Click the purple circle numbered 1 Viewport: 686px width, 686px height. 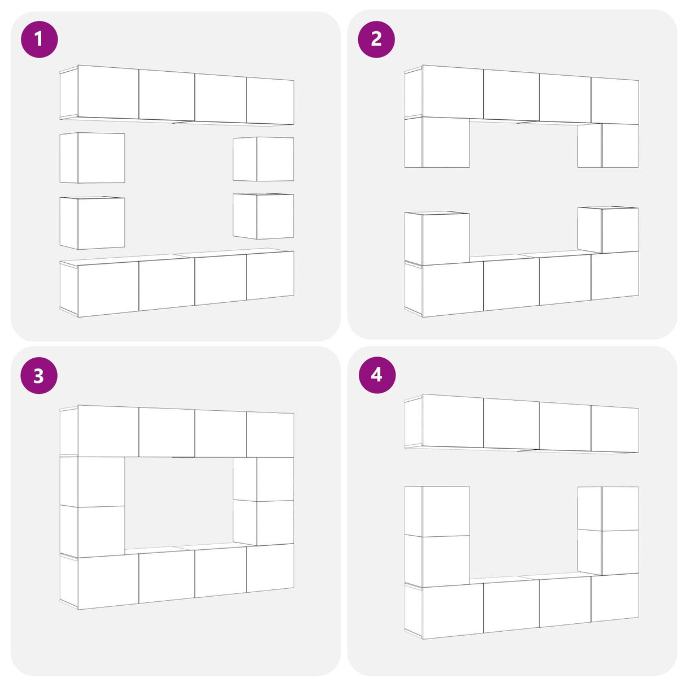[x=39, y=39]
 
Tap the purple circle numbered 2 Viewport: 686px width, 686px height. [x=376, y=39]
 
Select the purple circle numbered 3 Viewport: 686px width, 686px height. [x=39, y=375]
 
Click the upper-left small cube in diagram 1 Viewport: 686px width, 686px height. [x=92, y=158]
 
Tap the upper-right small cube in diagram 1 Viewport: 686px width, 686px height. [x=263, y=159]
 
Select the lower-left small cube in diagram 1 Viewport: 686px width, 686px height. [x=92, y=223]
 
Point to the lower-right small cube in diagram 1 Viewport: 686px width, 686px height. [x=263, y=216]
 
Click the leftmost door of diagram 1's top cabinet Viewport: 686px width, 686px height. [x=108, y=92]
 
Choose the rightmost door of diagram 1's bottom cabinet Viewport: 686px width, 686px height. [x=270, y=275]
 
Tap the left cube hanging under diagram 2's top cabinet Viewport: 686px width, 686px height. [x=437, y=142]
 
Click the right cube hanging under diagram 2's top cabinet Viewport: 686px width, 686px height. [x=607, y=145]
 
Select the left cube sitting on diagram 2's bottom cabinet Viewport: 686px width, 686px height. [x=437, y=238]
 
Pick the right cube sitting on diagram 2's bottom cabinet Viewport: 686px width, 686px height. [x=607, y=230]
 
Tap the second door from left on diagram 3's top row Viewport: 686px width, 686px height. [x=167, y=432]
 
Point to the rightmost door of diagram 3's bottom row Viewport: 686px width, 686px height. [x=270, y=567]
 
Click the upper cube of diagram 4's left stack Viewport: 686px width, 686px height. [x=437, y=510]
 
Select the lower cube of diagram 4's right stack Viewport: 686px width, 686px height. [x=607, y=552]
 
